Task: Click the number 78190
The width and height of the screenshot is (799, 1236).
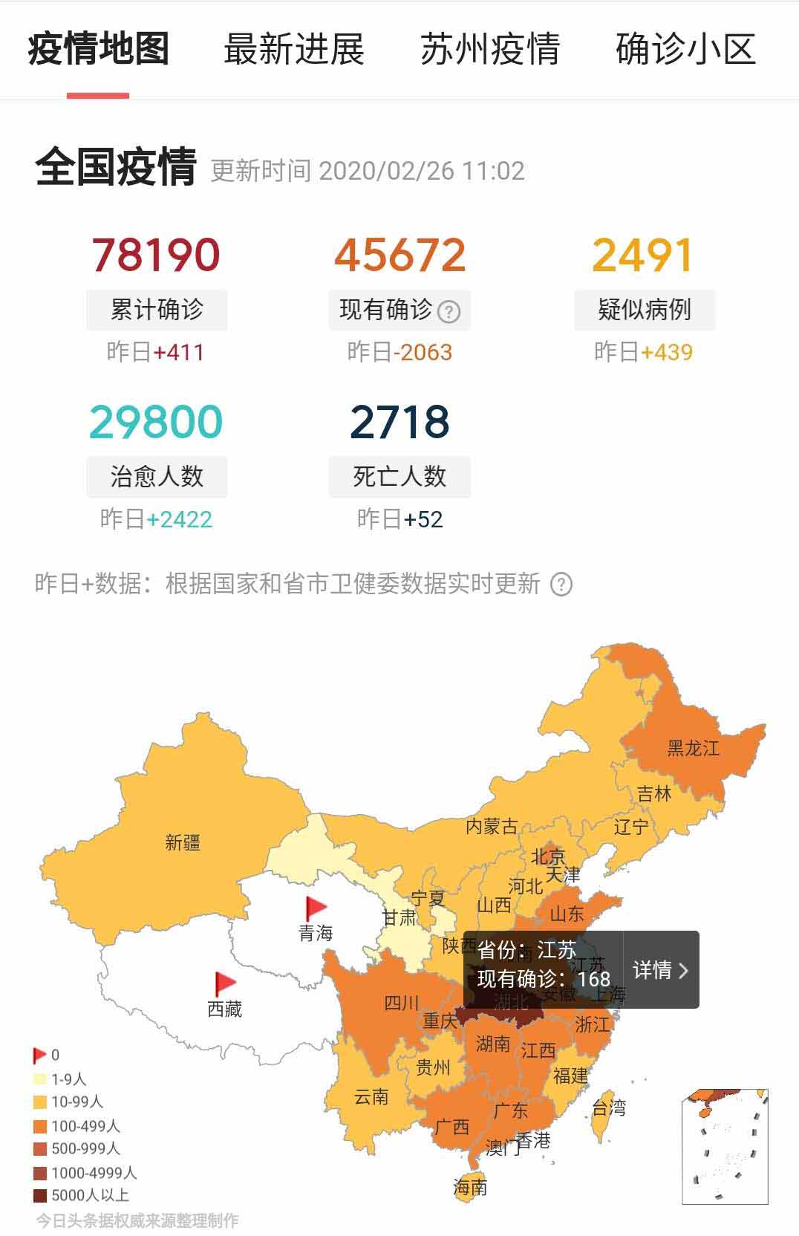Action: (156, 255)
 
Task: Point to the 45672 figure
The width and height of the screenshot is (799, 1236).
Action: (399, 255)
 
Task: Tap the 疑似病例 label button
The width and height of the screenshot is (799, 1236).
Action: (644, 310)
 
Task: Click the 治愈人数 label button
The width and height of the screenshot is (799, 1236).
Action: (157, 476)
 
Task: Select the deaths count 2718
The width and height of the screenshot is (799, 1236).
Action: (399, 422)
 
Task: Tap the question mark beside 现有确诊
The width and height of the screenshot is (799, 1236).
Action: (449, 311)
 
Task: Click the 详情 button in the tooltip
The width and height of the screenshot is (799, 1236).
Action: (660, 970)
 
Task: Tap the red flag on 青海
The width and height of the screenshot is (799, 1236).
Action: (316, 908)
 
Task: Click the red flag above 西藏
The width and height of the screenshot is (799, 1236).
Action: (224, 983)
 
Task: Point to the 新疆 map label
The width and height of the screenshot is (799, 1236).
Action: (183, 842)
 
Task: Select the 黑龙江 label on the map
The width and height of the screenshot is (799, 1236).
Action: (693, 748)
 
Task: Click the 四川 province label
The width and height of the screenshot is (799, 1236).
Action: (402, 1004)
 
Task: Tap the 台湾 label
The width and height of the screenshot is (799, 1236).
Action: (609, 1108)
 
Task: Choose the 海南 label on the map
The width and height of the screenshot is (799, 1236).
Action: (470, 1188)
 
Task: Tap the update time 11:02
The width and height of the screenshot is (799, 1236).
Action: (493, 172)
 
